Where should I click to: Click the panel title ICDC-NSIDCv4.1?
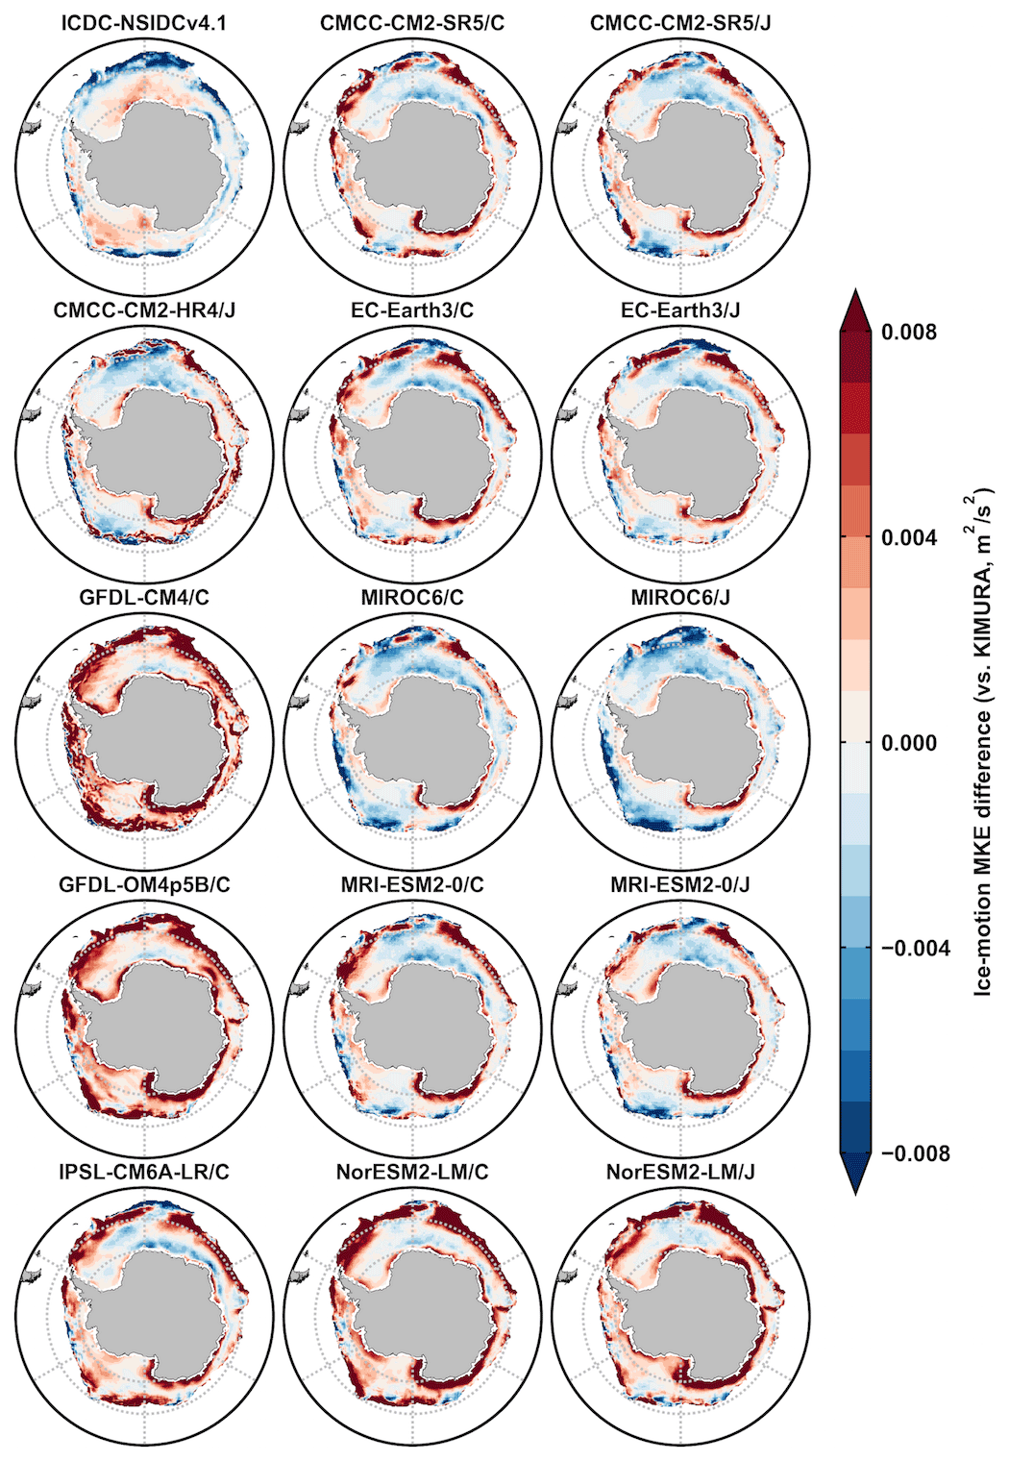click(x=144, y=22)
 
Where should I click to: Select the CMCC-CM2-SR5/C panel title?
click(x=412, y=22)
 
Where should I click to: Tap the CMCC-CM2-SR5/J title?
click(x=680, y=22)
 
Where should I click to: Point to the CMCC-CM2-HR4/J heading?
click(x=144, y=310)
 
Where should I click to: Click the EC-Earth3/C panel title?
click(x=412, y=310)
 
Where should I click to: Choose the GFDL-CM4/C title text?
click(x=144, y=597)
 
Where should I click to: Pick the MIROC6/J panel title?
click(x=680, y=597)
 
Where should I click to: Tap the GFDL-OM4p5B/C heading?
click(x=144, y=884)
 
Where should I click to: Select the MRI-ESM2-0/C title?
click(x=412, y=884)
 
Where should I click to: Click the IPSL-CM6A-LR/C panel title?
click(x=144, y=1172)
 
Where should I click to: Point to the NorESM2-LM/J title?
click(x=680, y=1172)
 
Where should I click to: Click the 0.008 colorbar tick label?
click(x=908, y=333)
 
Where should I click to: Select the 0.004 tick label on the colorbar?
click(x=908, y=537)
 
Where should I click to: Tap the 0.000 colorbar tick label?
click(x=908, y=743)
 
